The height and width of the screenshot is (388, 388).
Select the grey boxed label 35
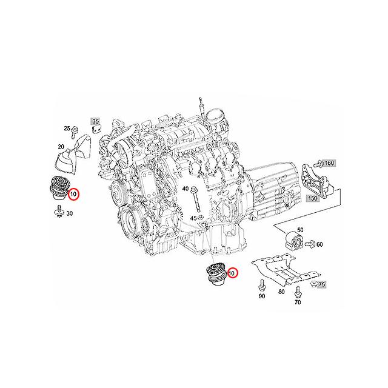click(x=95, y=121)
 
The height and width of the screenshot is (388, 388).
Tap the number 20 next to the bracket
click(x=61, y=147)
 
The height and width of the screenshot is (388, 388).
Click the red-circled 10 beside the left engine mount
click(x=73, y=195)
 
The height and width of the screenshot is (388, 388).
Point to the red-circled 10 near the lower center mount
click(x=233, y=273)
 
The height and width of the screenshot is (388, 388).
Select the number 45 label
click(x=193, y=218)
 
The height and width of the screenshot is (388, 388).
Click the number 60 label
click(x=319, y=244)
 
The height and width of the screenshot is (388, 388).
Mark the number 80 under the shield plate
click(x=281, y=292)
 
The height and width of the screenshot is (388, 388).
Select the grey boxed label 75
click(x=322, y=284)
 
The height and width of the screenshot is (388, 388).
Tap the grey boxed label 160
click(x=328, y=164)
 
